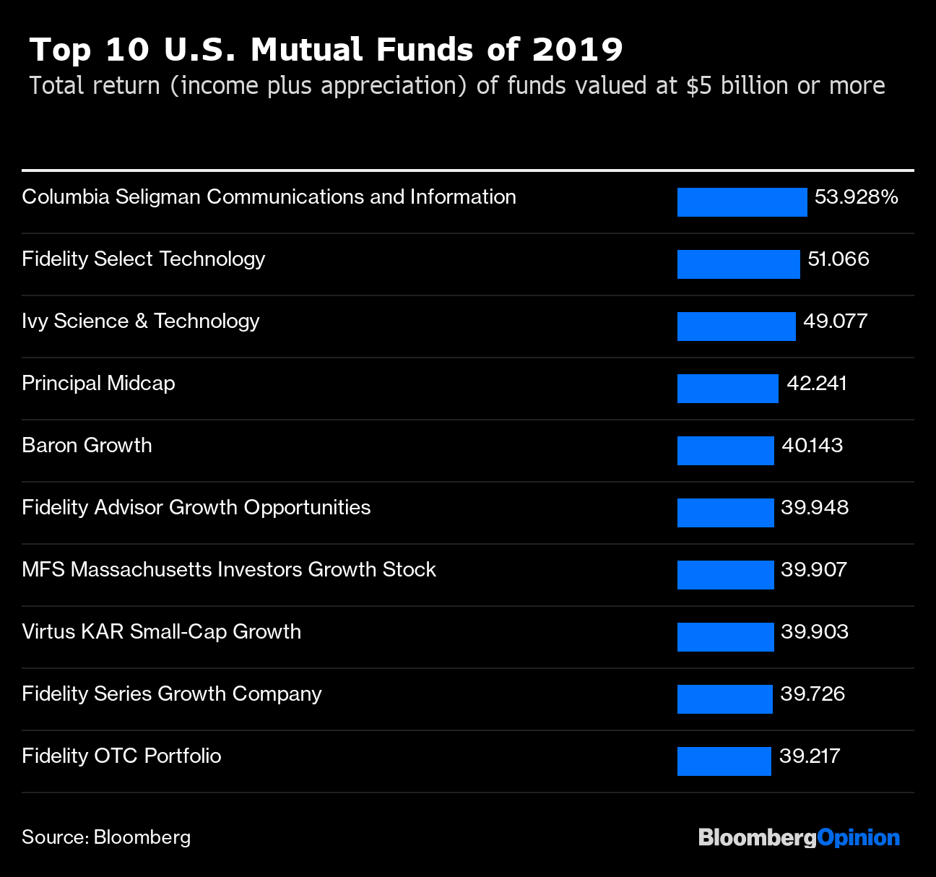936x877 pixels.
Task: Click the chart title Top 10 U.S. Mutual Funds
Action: [326, 50]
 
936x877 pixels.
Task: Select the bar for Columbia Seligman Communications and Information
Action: [742, 202]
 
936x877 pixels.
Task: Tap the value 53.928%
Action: [856, 197]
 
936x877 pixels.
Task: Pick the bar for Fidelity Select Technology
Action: [738, 264]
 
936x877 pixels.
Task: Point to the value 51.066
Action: [838, 259]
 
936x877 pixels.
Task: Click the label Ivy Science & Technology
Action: [141, 321]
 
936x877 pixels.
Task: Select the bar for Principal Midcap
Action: [727, 389]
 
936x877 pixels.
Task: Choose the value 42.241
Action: [816, 384]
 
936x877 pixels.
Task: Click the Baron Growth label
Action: [87, 446]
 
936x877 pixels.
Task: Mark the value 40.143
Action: [812, 446]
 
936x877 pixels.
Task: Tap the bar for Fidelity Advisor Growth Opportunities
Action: [725, 513]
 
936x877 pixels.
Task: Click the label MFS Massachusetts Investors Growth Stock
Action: [229, 570]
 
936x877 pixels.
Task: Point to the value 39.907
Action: [813, 570]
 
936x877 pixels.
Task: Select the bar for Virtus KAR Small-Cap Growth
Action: [725, 637]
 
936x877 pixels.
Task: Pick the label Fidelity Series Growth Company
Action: [172, 694]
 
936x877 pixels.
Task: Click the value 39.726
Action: [812, 694]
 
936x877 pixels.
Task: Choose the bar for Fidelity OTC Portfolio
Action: [724, 761]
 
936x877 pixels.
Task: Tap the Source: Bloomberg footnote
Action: [106, 837]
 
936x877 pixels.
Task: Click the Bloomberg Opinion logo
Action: [799, 838]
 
